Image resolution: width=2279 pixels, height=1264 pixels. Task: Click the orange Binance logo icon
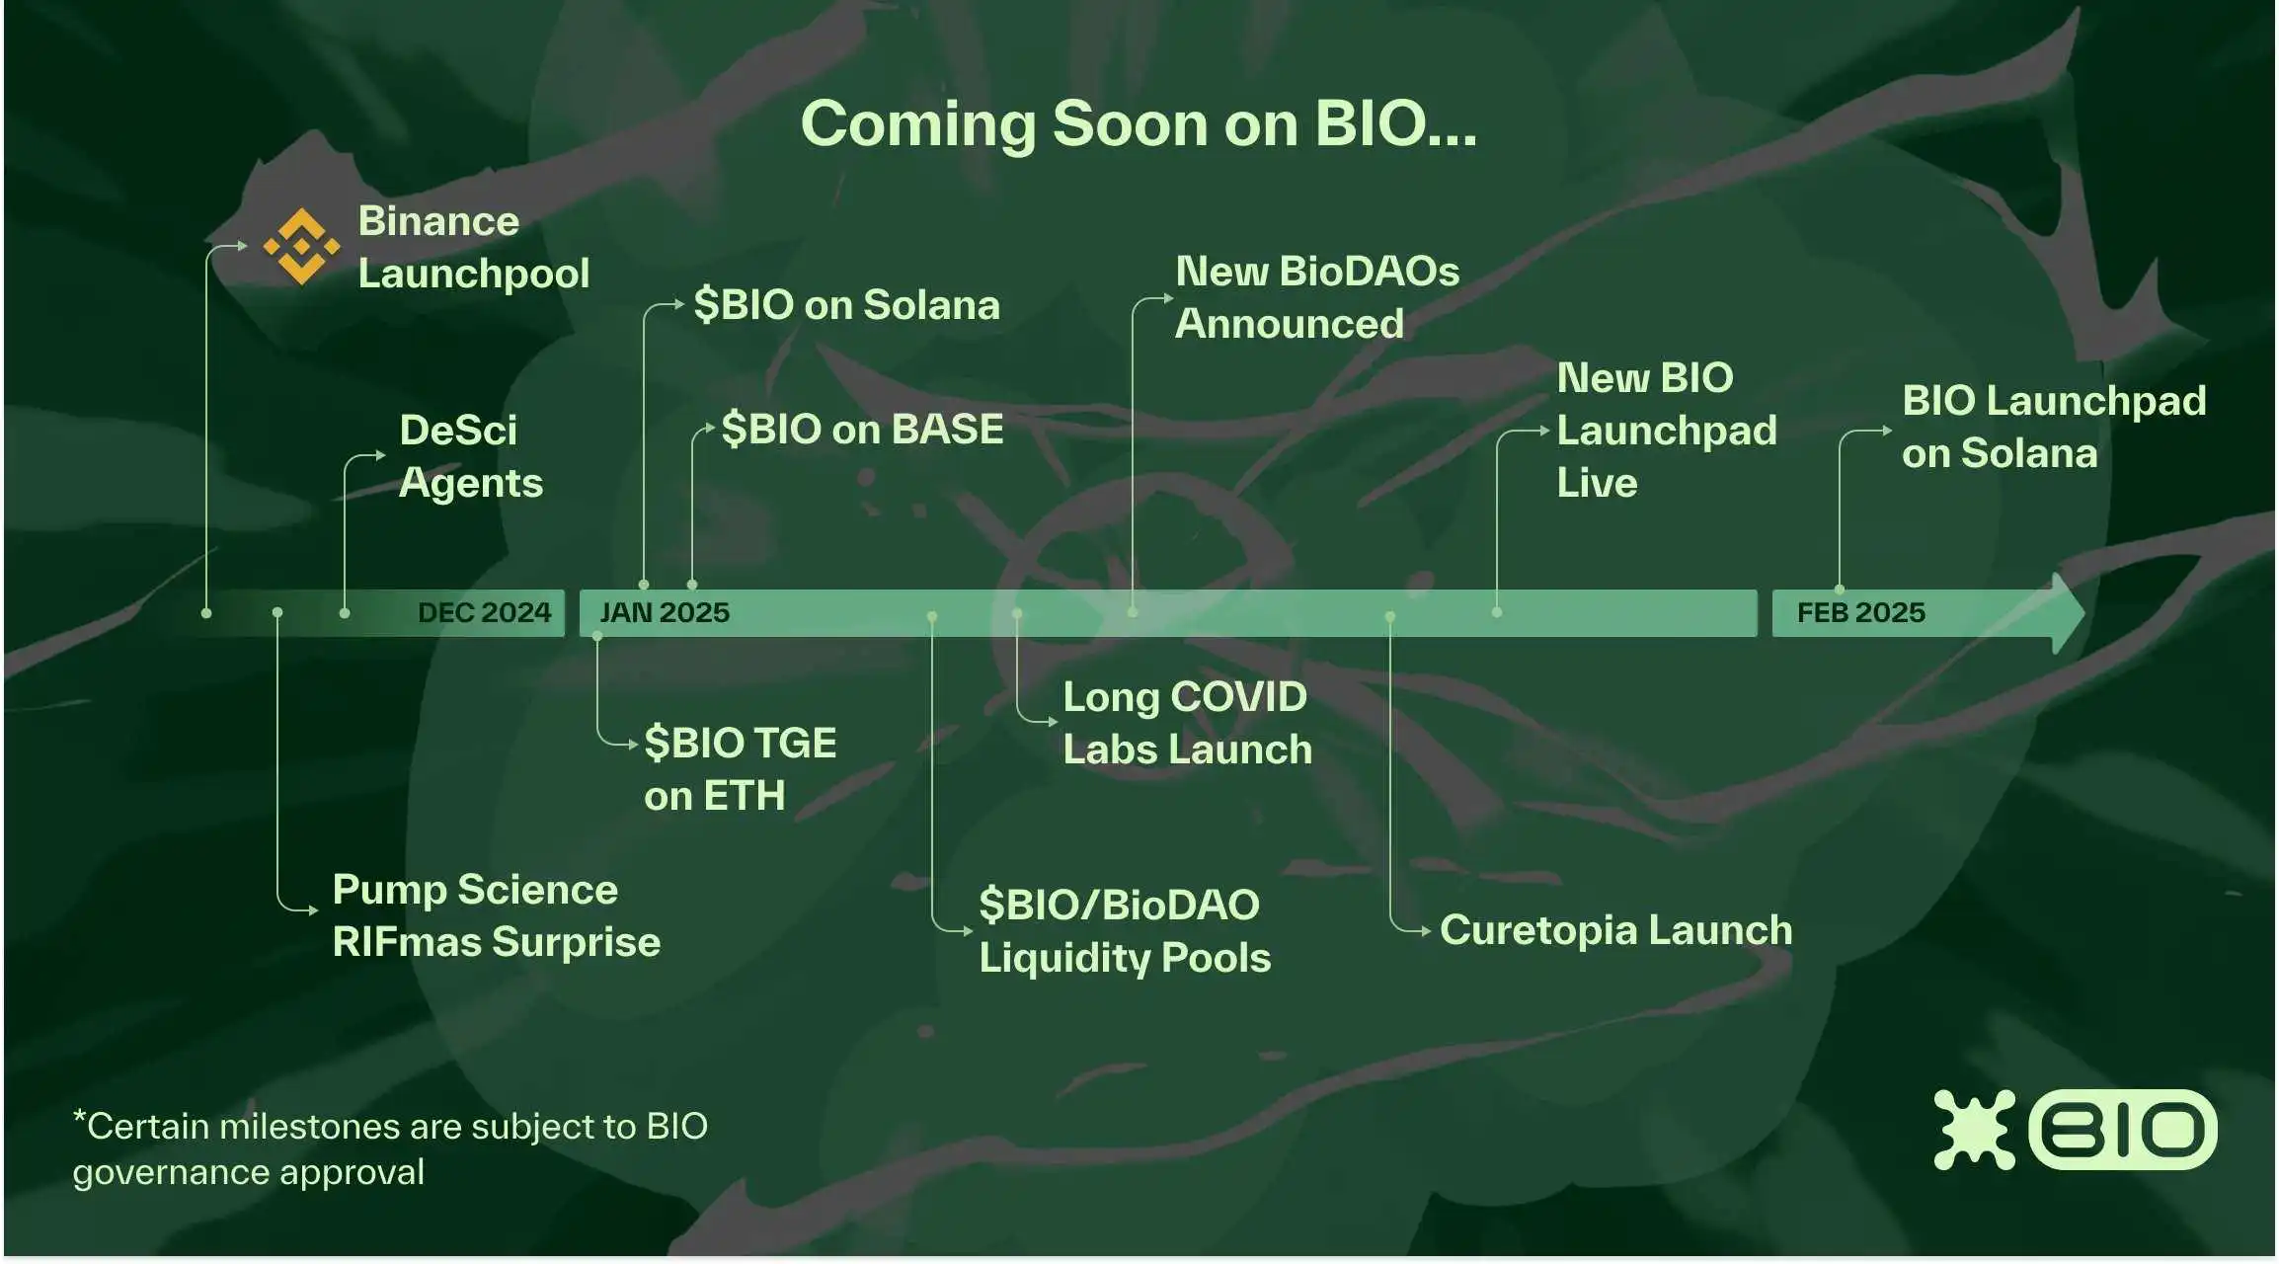point(301,247)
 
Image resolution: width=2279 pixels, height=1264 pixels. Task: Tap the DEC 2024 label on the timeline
point(484,612)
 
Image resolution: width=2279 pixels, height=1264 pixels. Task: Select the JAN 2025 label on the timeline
point(665,612)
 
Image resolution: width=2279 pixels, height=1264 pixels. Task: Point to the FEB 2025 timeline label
point(1860,612)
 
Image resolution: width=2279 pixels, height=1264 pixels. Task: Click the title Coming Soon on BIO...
point(1139,124)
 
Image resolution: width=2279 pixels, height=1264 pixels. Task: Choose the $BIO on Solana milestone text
point(846,305)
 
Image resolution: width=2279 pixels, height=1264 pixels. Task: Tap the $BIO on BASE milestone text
point(862,430)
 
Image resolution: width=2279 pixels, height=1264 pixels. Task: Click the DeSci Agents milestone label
point(470,456)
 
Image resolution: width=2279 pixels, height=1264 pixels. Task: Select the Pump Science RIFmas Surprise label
point(496,915)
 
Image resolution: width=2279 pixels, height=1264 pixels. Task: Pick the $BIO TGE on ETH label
point(740,769)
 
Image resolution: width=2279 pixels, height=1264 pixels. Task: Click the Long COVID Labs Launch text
point(1187,723)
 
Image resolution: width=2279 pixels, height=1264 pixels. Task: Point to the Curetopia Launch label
point(1615,930)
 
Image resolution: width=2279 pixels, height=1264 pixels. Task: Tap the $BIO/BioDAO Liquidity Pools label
point(1124,931)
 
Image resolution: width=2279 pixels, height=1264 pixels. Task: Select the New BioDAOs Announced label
point(1316,297)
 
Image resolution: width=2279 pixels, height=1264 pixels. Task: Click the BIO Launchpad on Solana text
point(2053,427)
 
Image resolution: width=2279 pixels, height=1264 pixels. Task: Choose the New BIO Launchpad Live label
point(1666,431)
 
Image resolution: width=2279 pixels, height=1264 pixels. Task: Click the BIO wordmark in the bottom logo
point(2122,1130)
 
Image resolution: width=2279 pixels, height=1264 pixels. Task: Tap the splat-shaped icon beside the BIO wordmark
point(1973,1130)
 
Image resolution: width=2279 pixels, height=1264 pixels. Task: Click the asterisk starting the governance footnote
point(79,1117)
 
